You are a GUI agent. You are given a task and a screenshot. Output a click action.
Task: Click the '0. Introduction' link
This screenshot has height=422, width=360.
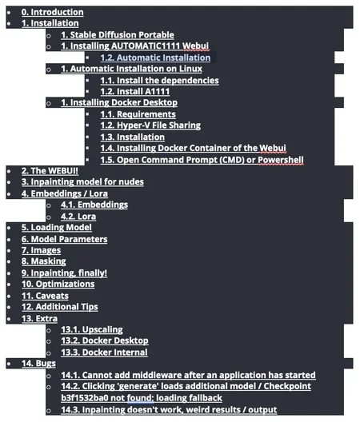click(53, 12)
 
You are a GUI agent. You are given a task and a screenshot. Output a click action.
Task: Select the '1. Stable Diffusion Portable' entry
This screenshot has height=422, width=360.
click(118, 34)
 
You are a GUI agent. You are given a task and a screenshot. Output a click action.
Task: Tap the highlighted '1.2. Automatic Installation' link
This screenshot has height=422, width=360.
click(155, 58)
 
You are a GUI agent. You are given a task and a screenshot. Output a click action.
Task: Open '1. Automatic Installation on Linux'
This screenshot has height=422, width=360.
click(131, 69)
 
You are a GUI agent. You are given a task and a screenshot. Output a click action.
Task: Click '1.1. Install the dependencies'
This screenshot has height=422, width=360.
click(159, 81)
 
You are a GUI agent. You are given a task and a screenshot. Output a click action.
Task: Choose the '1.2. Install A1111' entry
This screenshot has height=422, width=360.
click(135, 91)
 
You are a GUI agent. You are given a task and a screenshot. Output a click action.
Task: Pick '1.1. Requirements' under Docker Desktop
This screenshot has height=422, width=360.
click(138, 114)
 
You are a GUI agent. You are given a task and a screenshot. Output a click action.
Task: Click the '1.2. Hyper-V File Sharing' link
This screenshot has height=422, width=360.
click(150, 125)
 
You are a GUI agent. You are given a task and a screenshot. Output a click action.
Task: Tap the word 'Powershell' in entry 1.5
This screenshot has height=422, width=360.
click(281, 160)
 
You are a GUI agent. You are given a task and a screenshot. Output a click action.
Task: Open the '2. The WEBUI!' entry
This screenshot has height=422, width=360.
click(50, 171)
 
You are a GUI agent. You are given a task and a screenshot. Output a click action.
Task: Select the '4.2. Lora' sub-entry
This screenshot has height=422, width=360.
click(78, 217)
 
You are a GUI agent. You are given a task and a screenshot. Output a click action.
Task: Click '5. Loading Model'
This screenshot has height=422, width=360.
click(57, 228)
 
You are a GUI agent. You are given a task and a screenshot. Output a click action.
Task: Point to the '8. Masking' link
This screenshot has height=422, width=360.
click(44, 261)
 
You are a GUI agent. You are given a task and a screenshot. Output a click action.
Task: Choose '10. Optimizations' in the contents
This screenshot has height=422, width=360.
click(58, 284)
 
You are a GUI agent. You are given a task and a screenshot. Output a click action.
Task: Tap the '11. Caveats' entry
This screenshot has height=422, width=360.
click(45, 296)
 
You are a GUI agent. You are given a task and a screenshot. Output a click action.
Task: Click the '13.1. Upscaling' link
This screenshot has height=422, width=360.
click(92, 329)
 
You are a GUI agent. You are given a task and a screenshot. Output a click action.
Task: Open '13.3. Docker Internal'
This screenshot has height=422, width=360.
click(104, 352)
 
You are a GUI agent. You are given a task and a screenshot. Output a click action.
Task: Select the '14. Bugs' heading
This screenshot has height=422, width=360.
click(39, 364)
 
